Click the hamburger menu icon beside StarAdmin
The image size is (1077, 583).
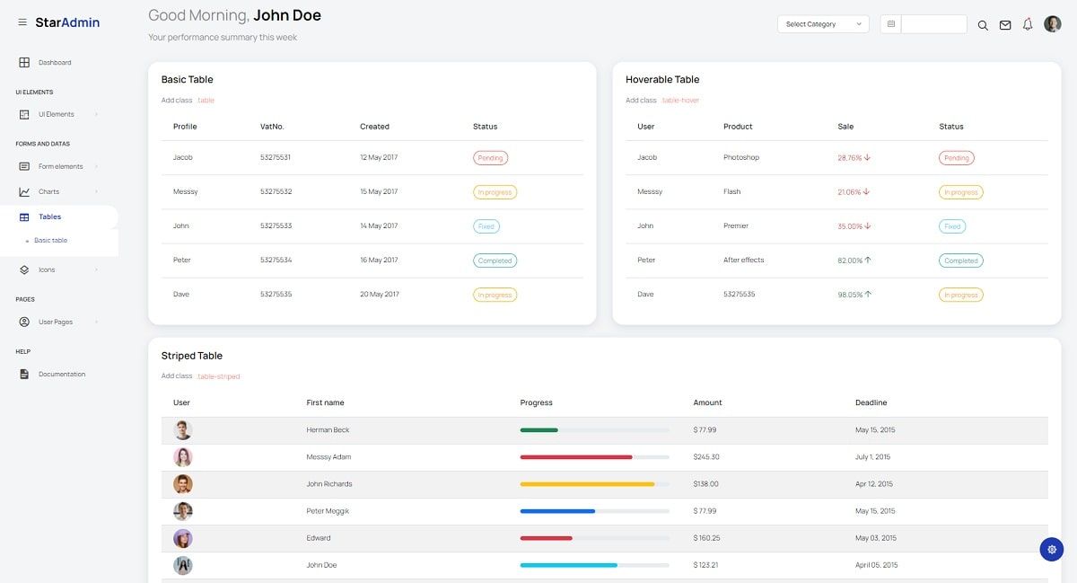click(x=22, y=22)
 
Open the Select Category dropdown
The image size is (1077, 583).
click(x=822, y=24)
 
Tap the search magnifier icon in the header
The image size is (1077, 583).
click(x=982, y=25)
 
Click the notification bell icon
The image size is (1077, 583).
click(x=1028, y=24)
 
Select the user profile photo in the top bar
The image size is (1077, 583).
click(x=1052, y=24)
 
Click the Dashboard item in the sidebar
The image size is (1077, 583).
click(x=54, y=63)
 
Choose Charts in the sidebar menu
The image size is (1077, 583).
click(x=48, y=191)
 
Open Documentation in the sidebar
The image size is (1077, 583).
click(x=61, y=374)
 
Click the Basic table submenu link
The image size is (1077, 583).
click(x=50, y=241)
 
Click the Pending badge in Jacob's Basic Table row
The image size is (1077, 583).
click(x=490, y=158)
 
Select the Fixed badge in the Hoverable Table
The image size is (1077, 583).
click(x=952, y=226)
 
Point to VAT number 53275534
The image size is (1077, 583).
click(x=276, y=261)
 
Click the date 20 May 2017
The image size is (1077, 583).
click(x=379, y=295)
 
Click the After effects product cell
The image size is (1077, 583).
click(x=743, y=261)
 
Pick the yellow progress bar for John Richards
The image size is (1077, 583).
click(x=587, y=484)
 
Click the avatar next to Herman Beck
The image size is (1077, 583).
click(x=183, y=430)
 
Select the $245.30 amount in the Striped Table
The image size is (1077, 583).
click(x=705, y=457)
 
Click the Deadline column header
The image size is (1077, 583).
click(x=871, y=402)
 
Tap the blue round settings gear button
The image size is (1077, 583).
click(x=1051, y=549)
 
